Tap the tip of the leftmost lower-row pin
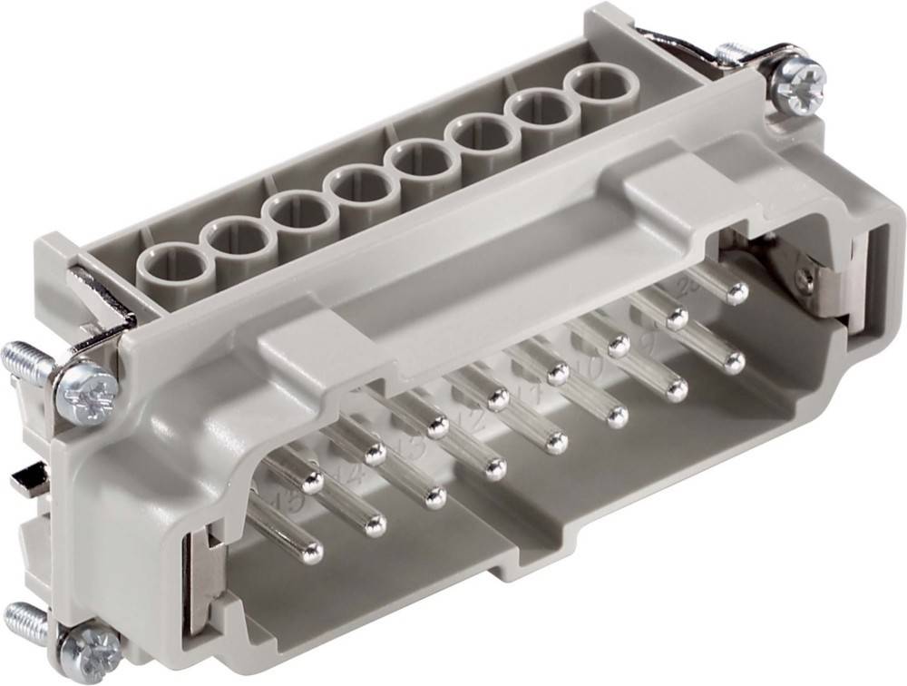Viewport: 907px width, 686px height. (x=311, y=552)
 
